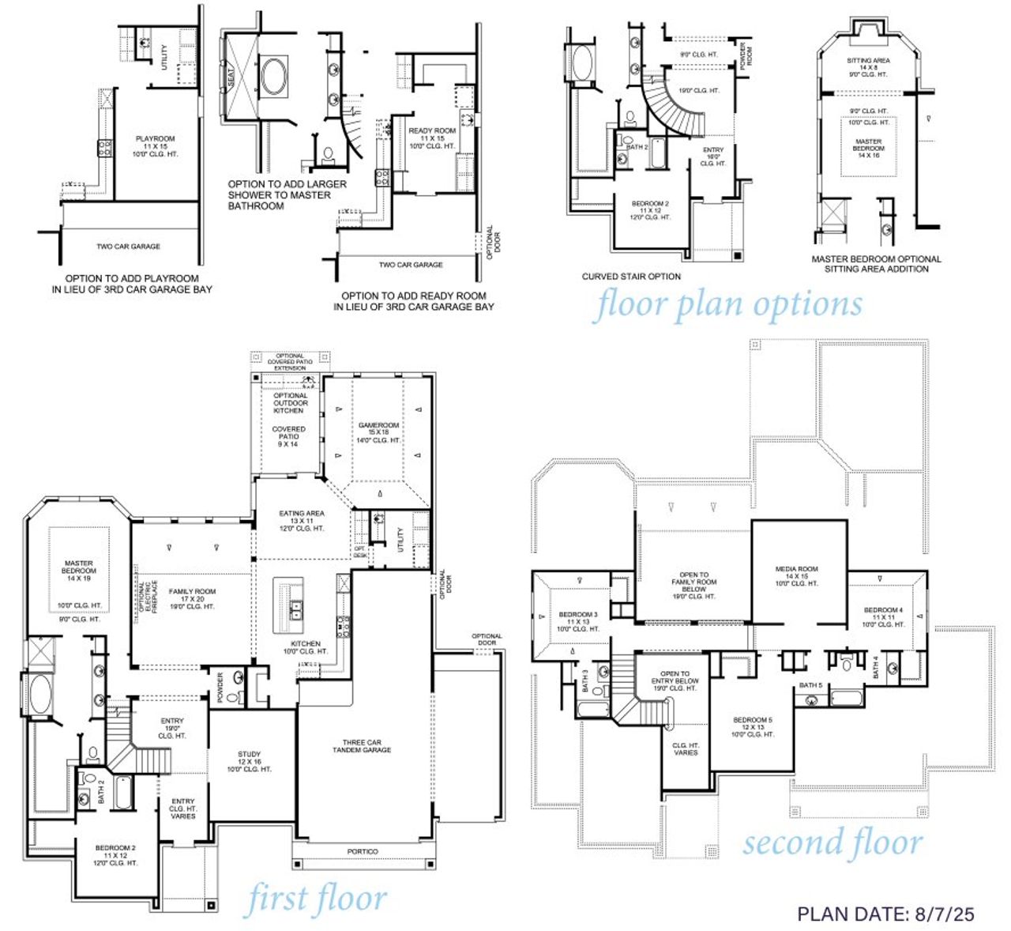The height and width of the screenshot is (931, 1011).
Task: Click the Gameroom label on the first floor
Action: tap(378, 425)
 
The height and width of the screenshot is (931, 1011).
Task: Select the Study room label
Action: tap(249, 754)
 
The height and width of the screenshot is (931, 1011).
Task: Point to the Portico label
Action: tap(363, 851)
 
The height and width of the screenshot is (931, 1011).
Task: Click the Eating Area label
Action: tap(301, 514)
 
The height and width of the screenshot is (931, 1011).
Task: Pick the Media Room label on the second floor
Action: tap(796, 569)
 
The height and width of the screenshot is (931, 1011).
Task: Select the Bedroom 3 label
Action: tap(578, 615)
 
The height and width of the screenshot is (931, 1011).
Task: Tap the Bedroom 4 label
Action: tap(882, 610)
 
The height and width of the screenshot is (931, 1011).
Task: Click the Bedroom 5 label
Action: tap(752, 720)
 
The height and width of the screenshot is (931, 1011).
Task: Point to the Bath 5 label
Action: tap(810, 685)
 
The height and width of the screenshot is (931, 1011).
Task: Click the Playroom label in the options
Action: tap(156, 139)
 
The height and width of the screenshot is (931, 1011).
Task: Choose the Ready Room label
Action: tap(432, 131)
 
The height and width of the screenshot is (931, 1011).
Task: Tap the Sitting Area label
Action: tap(868, 61)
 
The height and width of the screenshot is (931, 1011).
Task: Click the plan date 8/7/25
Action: tap(885, 914)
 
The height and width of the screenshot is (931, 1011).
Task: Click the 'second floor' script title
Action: tap(832, 842)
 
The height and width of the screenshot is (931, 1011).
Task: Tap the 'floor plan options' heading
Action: tap(727, 304)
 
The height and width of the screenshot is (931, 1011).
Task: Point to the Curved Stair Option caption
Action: tap(631, 277)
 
